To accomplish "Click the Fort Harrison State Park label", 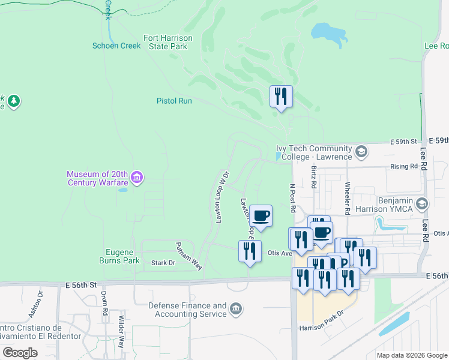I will (168, 42).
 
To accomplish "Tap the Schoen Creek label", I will (116, 46).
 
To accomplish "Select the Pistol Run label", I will (174, 101).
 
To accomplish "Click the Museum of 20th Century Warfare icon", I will (137, 177).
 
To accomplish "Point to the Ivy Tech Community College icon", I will (361, 151).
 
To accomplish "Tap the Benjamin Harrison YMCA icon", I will (422, 204).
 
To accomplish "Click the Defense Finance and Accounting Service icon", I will (237, 310).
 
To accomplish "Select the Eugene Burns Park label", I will (119, 256).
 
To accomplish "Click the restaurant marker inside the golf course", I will (281, 97).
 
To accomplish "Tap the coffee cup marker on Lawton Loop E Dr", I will (261, 216).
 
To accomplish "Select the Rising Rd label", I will (404, 166).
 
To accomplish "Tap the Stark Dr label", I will (163, 263).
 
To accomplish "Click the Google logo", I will (20, 353).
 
